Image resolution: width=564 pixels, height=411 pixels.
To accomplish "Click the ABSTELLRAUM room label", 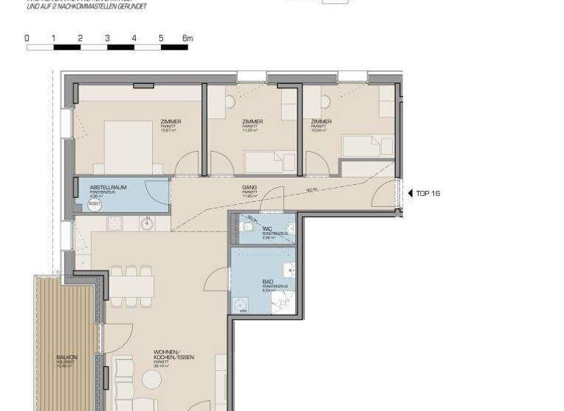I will [108, 188].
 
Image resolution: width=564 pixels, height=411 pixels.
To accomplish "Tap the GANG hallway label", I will [250, 188].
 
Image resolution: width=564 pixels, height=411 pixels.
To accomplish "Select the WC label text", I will [267, 229].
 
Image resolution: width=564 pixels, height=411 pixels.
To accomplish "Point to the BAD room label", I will [268, 281].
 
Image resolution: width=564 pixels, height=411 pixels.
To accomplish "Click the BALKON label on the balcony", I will [67, 357].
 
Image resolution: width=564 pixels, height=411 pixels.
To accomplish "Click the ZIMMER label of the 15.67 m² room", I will [170, 122].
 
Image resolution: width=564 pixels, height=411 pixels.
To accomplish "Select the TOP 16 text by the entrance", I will [428, 194].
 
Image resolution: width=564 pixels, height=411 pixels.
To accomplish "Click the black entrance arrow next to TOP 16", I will [411, 194].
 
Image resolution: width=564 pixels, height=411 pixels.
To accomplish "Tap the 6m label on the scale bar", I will [187, 38].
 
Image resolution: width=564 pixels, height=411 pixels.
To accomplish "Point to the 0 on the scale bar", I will [26, 38].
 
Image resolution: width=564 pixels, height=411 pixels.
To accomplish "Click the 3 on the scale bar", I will [107, 38].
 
